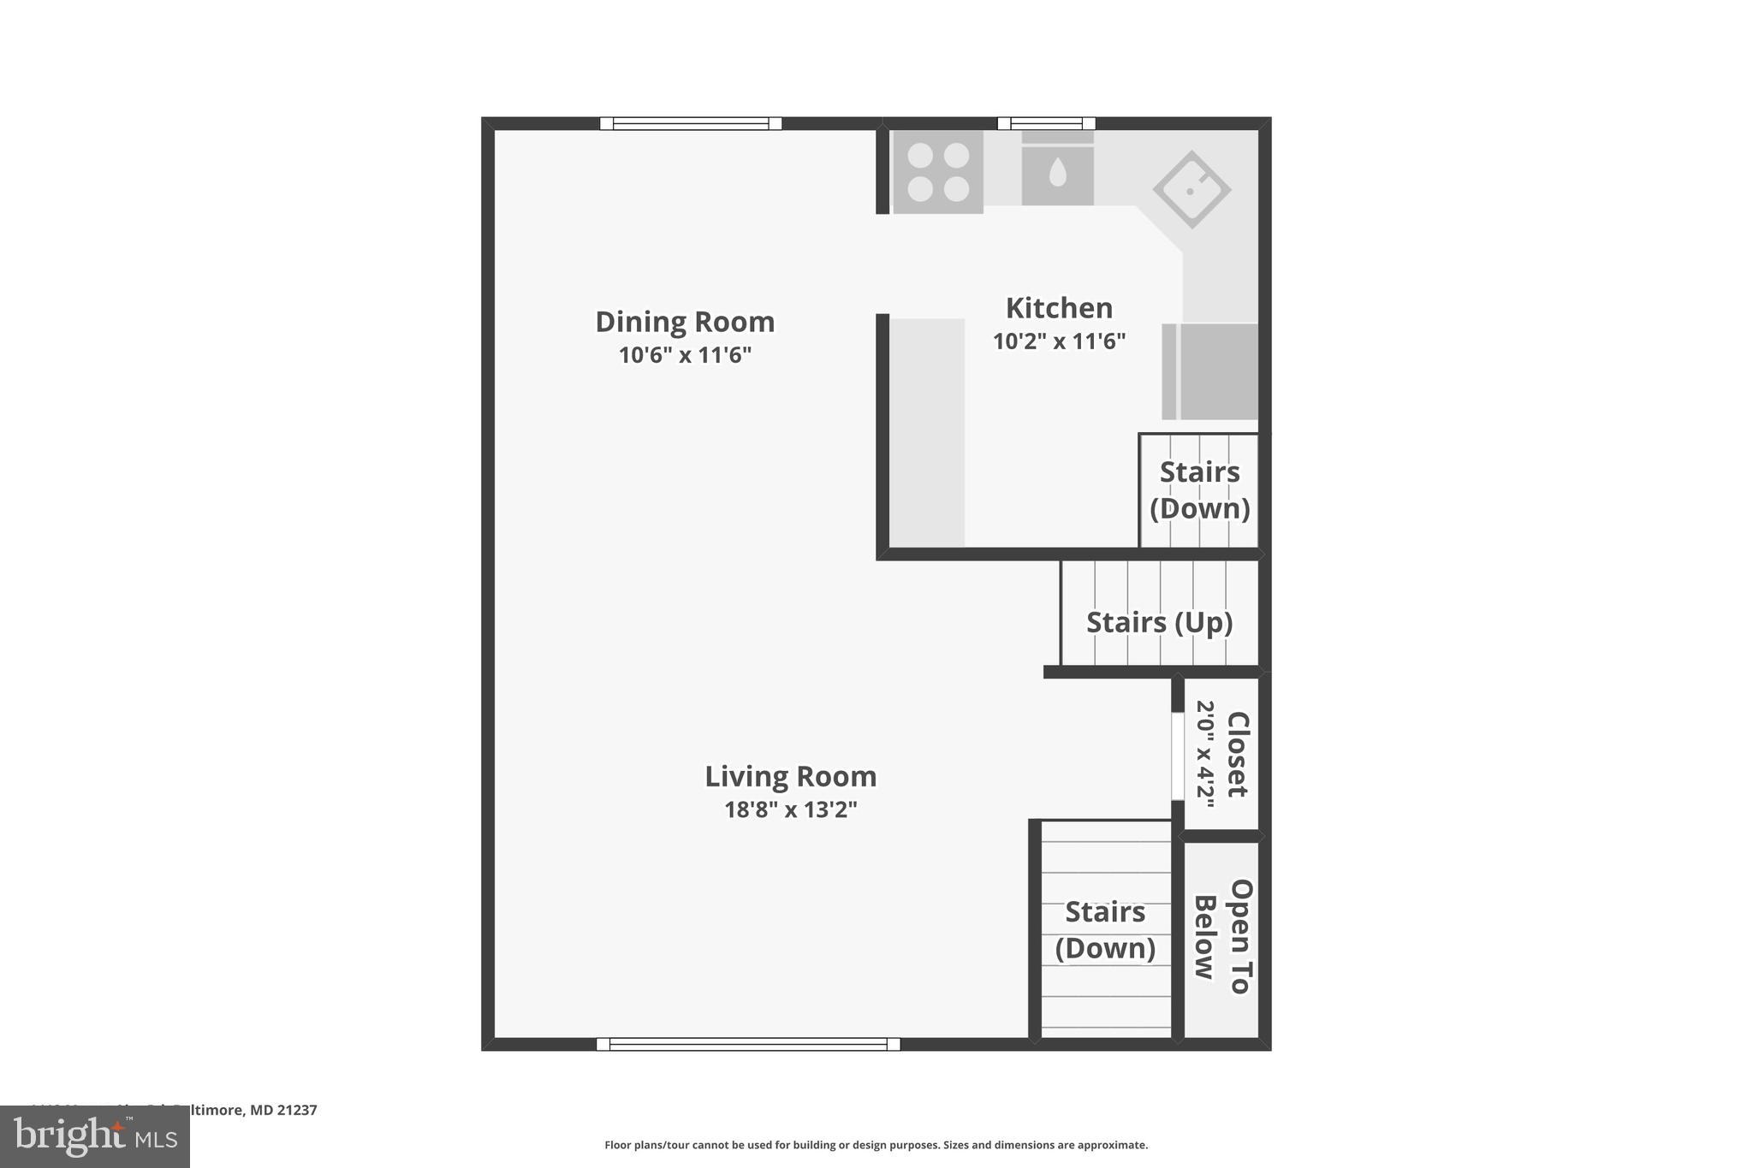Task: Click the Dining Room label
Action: [x=685, y=322]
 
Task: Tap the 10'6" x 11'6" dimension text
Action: [x=685, y=355]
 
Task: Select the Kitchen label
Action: [x=1059, y=308]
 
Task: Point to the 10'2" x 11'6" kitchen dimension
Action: [x=1059, y=341]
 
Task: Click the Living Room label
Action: [x=790, y=777]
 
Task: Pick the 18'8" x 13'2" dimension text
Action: [x=790, y=809]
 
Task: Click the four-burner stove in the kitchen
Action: [x=938, y=171]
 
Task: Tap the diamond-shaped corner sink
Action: [x=1191, y=189]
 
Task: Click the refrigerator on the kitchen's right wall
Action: [x=1211, y=371]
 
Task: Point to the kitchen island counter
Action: [x=928, y=432]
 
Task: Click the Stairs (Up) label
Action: [x=1159, y=622]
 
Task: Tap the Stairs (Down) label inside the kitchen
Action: [x=1199, y=490]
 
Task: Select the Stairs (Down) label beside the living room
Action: [x=1105, y=930]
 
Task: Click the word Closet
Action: [x=1238, y=754]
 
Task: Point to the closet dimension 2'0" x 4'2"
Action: [x=1206, y=754]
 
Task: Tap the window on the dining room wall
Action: [x=690, y=123]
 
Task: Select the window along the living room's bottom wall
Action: [x=748, y=1044]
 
